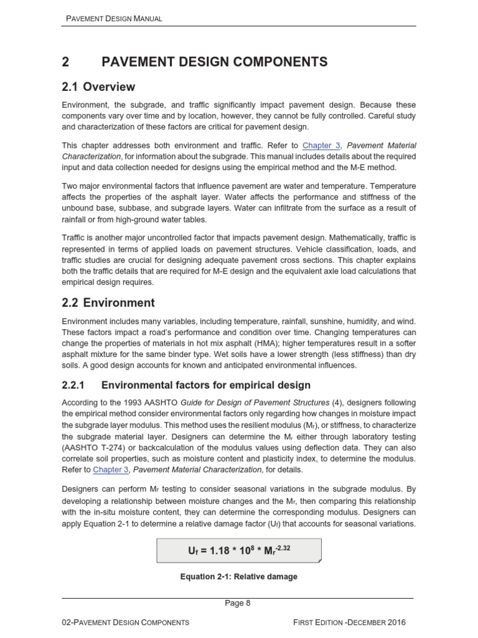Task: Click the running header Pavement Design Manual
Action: click(114, 19)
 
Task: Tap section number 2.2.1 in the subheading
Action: click(77, 385)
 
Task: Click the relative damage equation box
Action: click(239, 551)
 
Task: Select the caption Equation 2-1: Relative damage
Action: click(239, 577)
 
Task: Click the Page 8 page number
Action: click(238, 603)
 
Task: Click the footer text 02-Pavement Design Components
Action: click(126, 622)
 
